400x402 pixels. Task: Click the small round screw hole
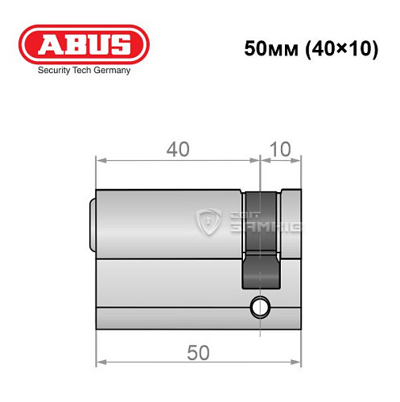[x=260, y=306]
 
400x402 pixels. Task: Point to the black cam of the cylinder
[x=262, y=241]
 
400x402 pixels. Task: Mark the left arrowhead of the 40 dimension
[x=101, y=160]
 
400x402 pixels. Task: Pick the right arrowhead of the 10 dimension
[x=298, y=160]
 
